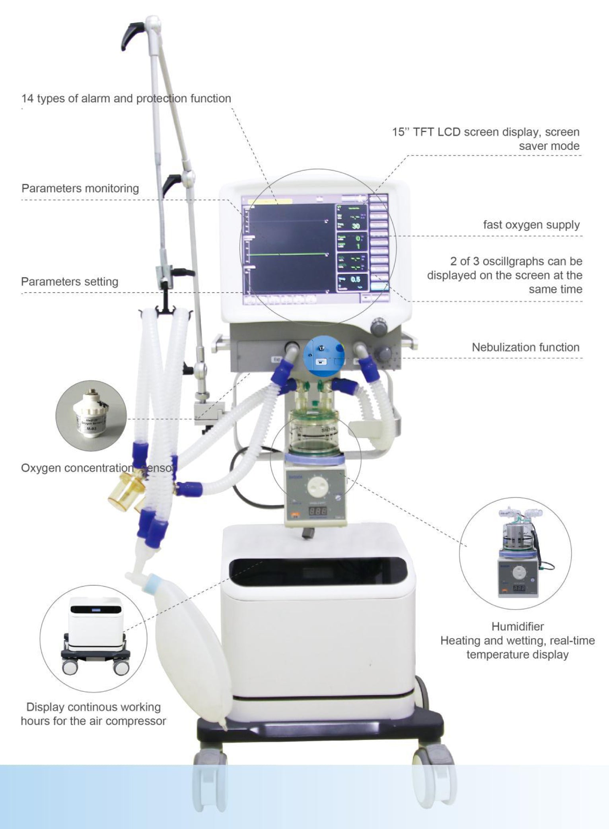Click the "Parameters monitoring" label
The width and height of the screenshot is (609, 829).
click(80, 188)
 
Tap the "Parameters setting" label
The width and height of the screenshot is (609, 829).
click(70, 282)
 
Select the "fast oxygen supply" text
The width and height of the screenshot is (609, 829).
click(531, 225)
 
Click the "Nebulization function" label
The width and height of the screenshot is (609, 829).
click(525, 348)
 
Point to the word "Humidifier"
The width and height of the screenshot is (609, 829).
click(517, 627)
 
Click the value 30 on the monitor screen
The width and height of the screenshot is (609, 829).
click(355, 226)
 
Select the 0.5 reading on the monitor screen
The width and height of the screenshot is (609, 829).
click(355, 280)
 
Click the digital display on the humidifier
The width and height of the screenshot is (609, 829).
click(318, 511)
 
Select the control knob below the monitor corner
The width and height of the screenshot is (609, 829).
click(378, 327)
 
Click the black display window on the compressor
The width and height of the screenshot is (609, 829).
click(319, 573)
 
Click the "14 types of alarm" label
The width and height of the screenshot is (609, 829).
click(126, 99)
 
